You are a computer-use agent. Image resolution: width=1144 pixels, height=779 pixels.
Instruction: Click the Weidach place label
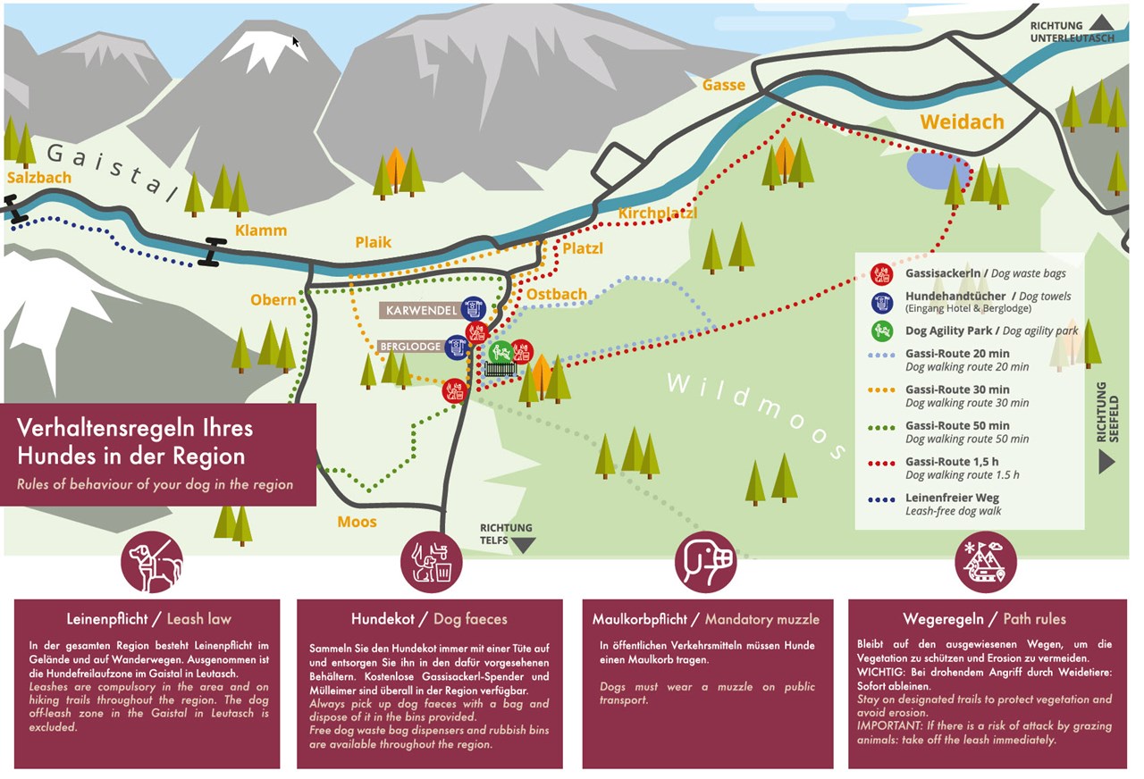click(x=963, y=121)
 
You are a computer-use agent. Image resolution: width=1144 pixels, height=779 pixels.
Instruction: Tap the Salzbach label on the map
click(x=38, y=178)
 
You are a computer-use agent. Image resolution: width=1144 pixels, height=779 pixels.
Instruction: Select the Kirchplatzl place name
click(x=657, y=213)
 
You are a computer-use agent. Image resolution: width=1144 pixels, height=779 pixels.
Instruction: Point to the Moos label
click(x=357, y=522)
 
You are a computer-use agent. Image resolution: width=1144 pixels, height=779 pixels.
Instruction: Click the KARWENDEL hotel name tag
click(x=422, y=310)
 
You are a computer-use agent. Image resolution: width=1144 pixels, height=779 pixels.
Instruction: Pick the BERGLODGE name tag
click(x=410, y=347)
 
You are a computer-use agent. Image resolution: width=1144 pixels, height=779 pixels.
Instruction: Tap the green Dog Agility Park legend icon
click(x=882, y=331)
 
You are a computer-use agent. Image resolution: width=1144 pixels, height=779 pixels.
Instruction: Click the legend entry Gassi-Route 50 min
click(x=957, y=425)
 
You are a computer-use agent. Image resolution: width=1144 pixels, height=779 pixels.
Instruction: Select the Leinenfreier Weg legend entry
click(x=952, y=498)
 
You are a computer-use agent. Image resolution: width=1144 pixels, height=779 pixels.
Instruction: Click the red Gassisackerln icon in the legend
click(x=882, y=273)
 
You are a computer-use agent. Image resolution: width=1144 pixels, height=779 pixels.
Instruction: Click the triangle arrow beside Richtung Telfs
click(x=523, y=545)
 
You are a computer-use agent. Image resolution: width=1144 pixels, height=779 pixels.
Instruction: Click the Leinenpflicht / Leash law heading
click(x=148, y=618)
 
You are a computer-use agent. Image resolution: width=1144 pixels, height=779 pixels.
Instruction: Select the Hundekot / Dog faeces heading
click(x=429, y=618)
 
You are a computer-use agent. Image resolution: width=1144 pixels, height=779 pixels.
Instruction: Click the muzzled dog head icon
click(x=706, y=562)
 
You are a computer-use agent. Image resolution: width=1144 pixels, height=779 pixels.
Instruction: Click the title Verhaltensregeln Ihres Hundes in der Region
click(x=135, y=441)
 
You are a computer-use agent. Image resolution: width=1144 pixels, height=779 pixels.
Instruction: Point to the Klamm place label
click(x=261, y=230)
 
